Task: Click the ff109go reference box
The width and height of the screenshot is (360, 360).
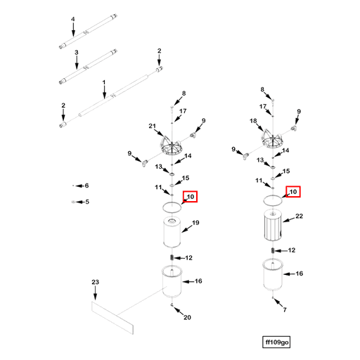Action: coord(276,342)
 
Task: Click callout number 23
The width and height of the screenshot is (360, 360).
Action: coord(95,282)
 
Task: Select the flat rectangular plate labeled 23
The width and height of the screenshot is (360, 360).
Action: coord(112,318)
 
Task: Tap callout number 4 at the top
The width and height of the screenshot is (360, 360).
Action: coord(73,19)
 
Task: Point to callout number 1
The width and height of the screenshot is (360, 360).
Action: coord(104,82)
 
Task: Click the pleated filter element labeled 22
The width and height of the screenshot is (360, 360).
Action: coord(273,225)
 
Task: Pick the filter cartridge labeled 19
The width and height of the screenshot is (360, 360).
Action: coord(172,232)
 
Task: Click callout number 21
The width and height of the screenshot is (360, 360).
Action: coord(152,126)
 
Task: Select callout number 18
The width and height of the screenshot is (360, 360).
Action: coord(253,121)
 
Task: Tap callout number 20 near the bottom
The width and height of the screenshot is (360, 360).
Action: coord(187,317)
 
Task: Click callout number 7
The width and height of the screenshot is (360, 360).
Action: coord(285,309)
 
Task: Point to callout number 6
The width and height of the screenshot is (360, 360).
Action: coord(86,186)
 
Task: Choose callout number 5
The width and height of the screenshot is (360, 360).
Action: coord(87,202)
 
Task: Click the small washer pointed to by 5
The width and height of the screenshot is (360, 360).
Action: coord(73,202)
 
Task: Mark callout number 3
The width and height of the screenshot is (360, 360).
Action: coord(77,53)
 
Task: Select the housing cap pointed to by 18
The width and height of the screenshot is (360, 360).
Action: coord(273,139)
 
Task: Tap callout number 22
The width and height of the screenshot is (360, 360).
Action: coord(299,216)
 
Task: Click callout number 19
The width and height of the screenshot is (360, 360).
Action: coord(195,223)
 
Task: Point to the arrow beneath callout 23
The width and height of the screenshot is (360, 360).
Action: coord(95,292)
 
